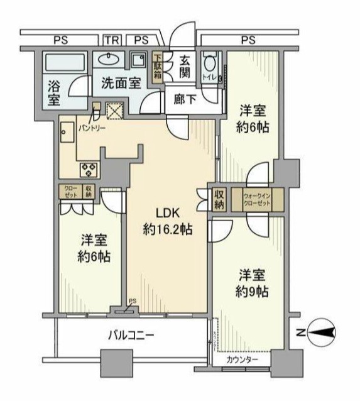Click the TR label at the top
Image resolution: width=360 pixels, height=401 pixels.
(111, 40)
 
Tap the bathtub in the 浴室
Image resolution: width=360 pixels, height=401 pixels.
(68, 63)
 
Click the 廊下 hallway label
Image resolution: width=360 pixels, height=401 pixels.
(184, 100)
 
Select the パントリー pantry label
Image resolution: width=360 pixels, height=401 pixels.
(92, 127)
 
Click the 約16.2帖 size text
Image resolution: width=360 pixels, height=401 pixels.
(167, 230)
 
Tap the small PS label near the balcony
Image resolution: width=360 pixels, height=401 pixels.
(132, 302)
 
